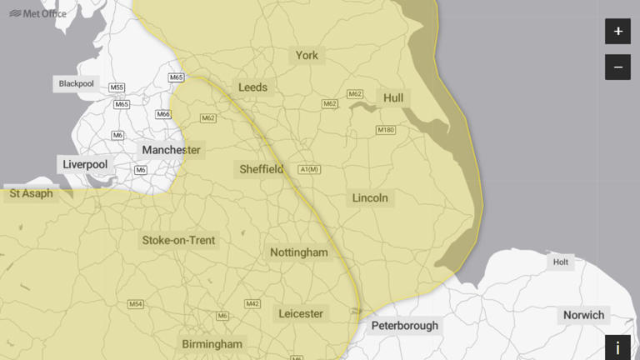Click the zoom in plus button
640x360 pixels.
click(617, 32)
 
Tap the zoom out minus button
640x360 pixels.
click(617, 67)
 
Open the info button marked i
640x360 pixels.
click(617, 347)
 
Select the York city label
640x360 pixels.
click(307, 56)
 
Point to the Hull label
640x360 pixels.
click(393, 98)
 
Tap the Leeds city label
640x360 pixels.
click(253, 87)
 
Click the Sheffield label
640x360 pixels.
click(262, 169)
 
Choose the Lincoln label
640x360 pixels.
click(370, 198)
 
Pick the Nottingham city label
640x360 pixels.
click(299, 252)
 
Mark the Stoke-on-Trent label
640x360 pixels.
click(178, 241)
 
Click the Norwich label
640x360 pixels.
click(583, 315)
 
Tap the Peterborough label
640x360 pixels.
click(404, 326)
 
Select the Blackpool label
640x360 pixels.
click(77, 84)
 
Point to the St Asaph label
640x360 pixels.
click(31, 194)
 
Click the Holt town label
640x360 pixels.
click(562, 262)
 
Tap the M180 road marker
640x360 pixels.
click(385, 130)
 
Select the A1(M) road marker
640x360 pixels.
click(309, 170)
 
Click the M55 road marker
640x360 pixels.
click(117, 87)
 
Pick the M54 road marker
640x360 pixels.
click(136, 304)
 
